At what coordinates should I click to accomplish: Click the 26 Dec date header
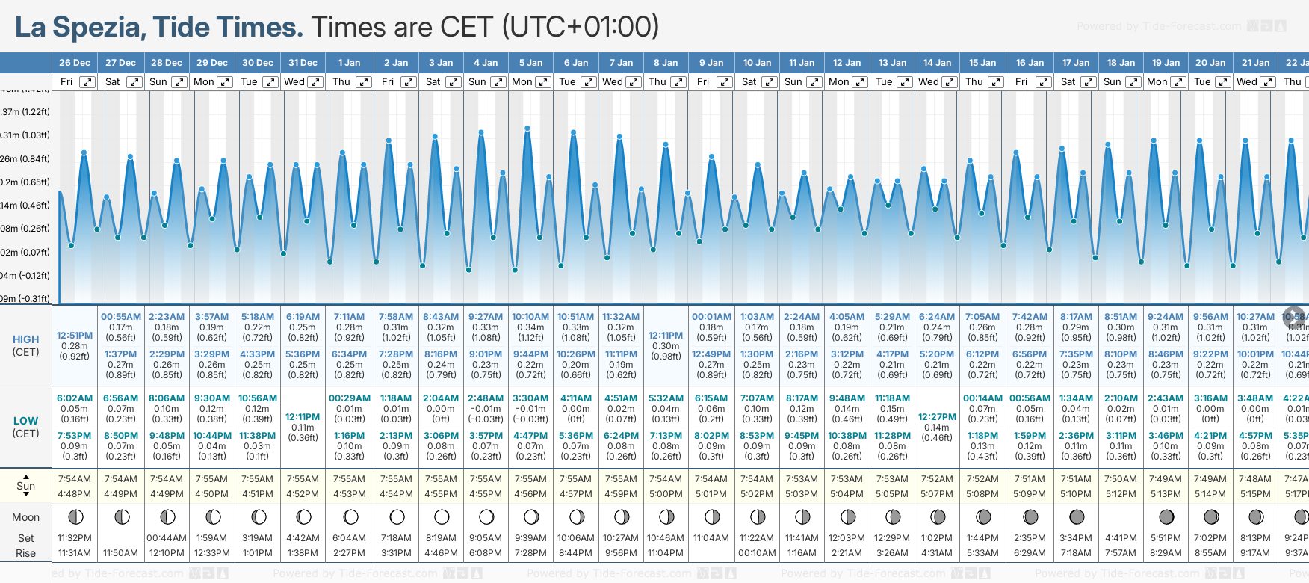75,63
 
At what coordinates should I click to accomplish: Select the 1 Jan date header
349,63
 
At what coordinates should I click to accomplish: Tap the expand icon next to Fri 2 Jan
408,82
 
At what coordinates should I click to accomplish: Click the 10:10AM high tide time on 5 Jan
530,317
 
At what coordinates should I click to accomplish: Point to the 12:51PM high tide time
75,336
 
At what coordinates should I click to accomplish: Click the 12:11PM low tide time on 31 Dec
303,417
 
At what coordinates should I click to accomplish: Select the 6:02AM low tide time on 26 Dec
75,398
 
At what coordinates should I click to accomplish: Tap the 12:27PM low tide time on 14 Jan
937,417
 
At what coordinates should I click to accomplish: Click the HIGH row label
25,339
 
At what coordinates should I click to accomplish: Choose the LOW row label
25,421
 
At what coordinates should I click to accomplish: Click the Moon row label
25,517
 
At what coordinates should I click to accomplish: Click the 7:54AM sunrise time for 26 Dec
75,479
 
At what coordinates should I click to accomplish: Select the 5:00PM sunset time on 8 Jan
665,494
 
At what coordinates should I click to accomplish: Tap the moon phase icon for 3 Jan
442,516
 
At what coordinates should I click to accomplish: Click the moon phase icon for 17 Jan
1077,516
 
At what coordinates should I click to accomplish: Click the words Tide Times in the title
228,27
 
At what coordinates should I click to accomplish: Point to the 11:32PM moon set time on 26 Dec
75,538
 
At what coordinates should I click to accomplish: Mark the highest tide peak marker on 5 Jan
527,129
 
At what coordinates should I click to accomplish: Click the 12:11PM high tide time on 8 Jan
665,336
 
